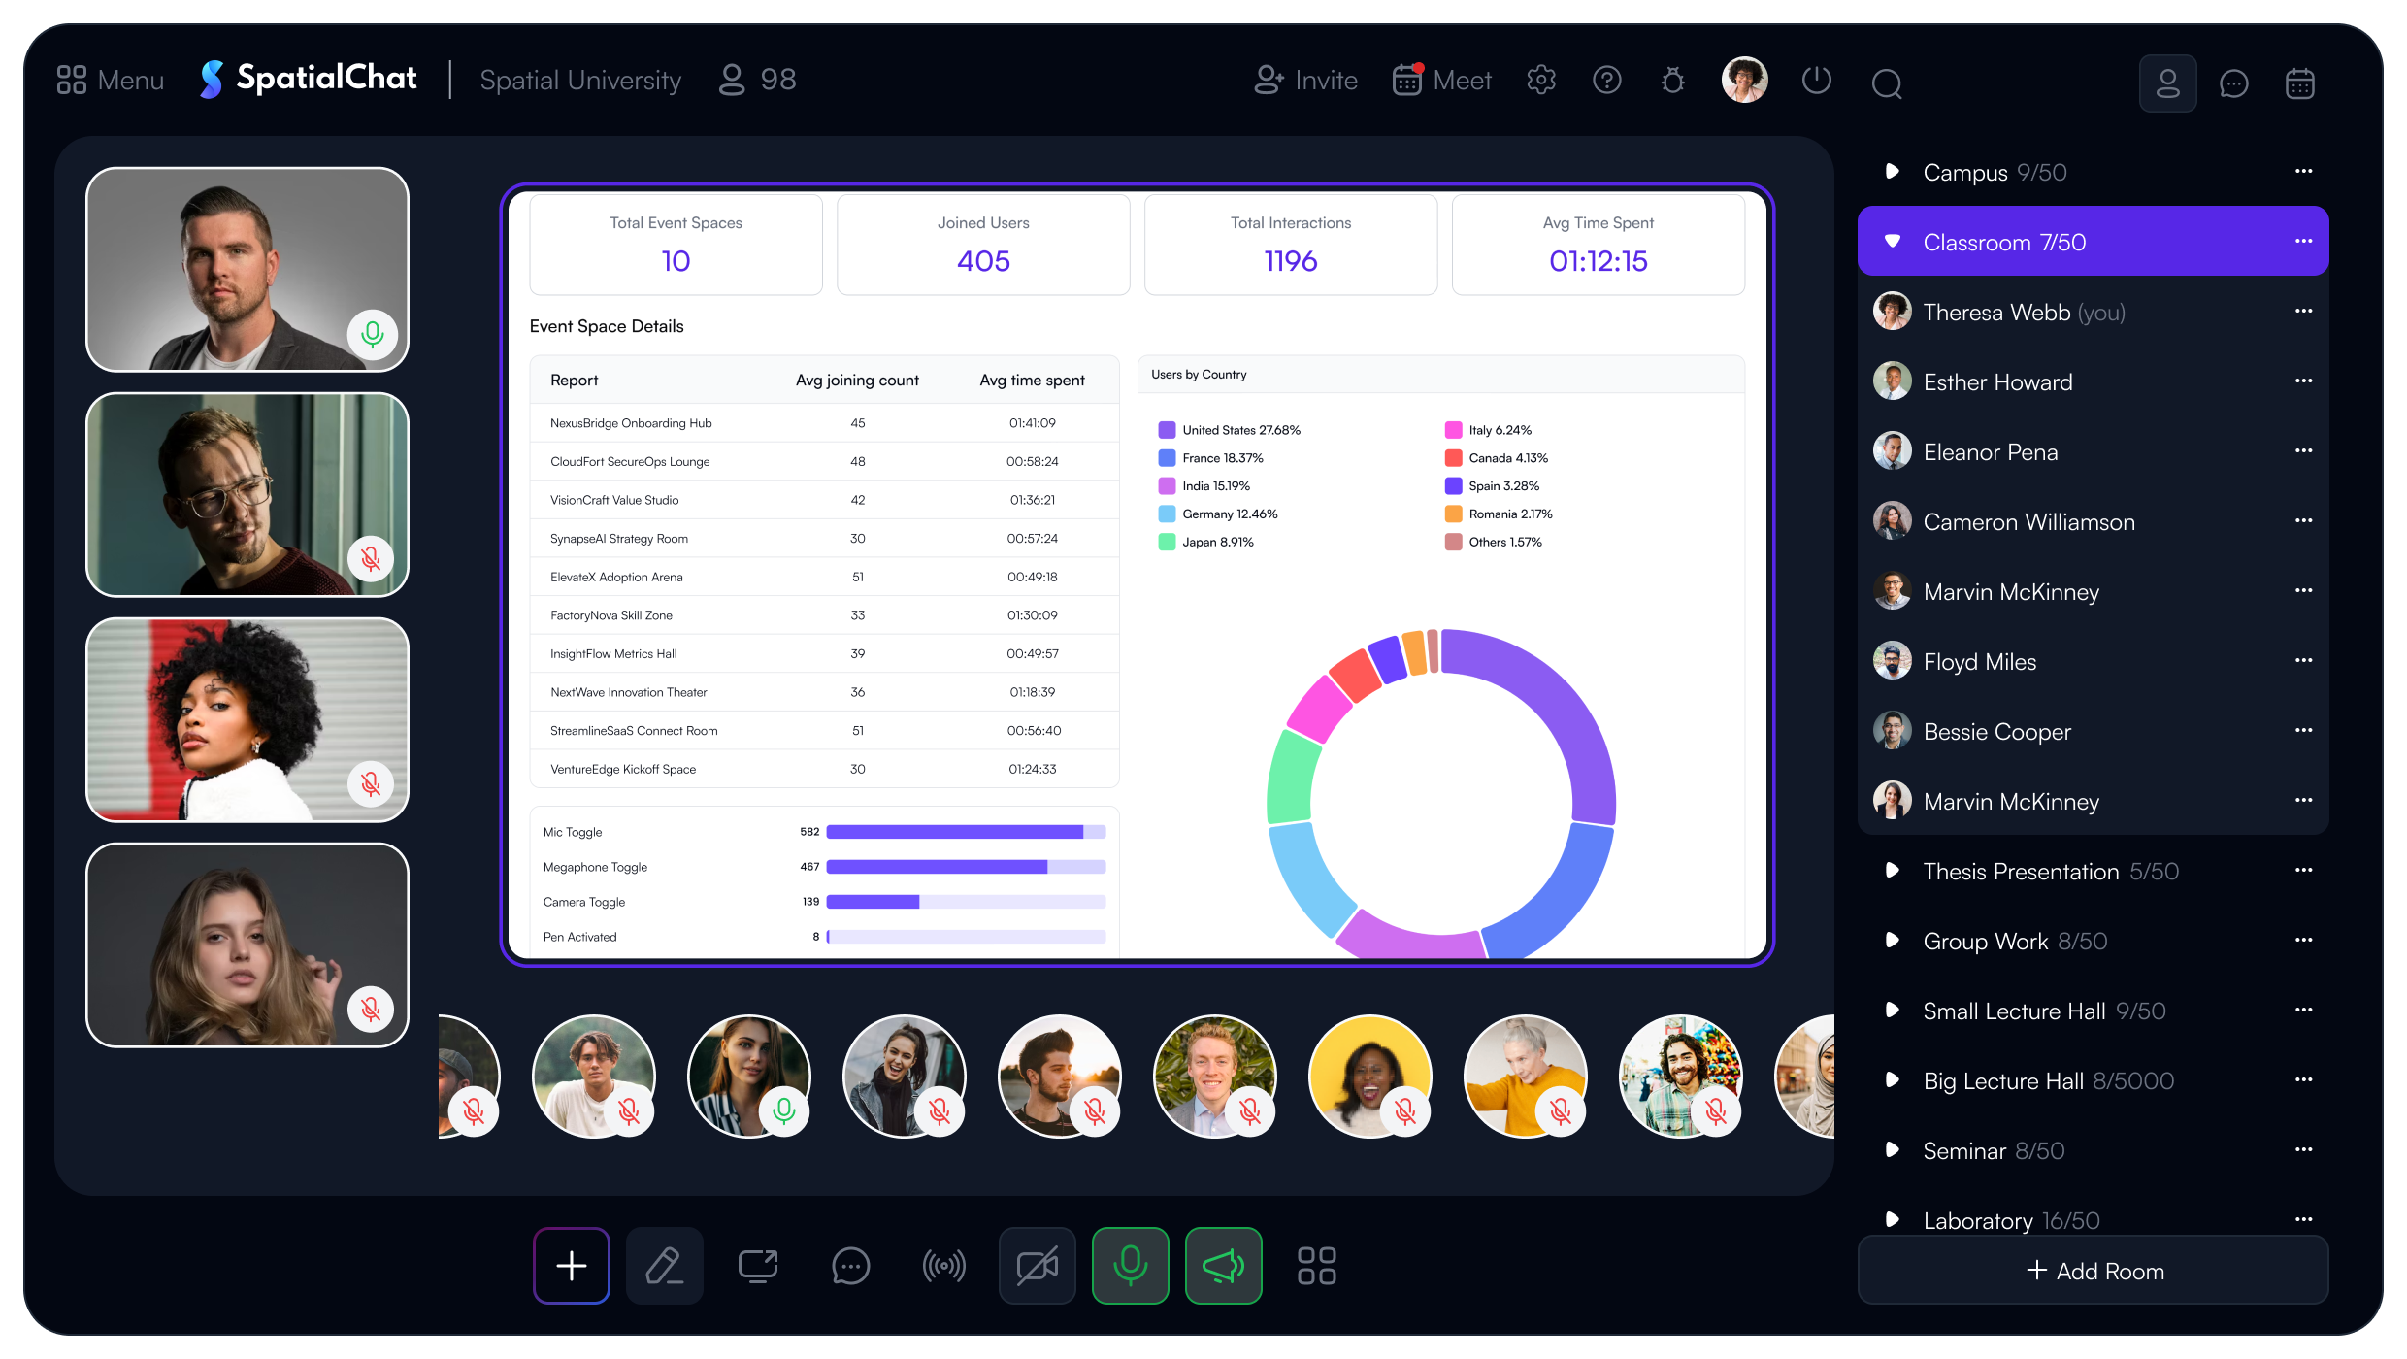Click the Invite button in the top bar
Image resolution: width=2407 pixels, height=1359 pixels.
tap(1305, 80)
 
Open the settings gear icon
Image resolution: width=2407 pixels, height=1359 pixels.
tap(1541, 80)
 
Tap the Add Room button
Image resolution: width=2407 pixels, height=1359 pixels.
tap(2093, 1271)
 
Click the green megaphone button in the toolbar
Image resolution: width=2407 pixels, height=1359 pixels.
tap(1223, 1266)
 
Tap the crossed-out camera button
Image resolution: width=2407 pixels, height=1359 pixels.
tap(1037, 1266)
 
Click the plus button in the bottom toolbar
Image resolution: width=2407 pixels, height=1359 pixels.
tap(572, 1266)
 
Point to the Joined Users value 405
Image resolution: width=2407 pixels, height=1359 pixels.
tap(983, 261)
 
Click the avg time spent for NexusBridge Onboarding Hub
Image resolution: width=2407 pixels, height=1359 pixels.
tap(1032, 423)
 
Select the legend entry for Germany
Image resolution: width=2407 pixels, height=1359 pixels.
tap(1218, 514)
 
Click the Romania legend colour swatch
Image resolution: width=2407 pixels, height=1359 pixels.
tap(1453, 514)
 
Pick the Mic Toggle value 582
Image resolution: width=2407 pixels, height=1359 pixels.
tap(809, 832)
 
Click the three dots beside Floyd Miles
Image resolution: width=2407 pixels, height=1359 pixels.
tap(2303, 661)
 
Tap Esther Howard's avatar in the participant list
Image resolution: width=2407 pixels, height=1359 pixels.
tap(1892, 381)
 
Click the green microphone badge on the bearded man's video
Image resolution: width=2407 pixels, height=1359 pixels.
tap(372, 334)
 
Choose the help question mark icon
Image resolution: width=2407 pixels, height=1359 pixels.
tap(1607, 80)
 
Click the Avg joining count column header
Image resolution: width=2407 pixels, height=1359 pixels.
tap(857, 381)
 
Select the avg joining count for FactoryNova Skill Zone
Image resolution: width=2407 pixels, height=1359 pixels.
tap(857, 615)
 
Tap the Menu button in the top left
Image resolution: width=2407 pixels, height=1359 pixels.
tap(110, 80)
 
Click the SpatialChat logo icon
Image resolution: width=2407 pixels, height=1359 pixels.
tap(211, 80)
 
